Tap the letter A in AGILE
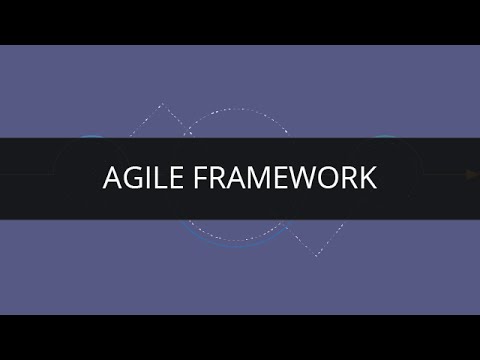pyautogui.click(x=112, y=177)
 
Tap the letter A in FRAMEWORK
pyautogui.click(x=226, y=177)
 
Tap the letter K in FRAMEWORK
pyautogui.click(x=367, y=177)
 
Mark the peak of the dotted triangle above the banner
pyautogui.click(x=161, y=103)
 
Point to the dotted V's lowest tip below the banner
pyautogui.click(x=317, y=256)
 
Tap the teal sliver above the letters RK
pyautogui.click(x=384, y=136)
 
